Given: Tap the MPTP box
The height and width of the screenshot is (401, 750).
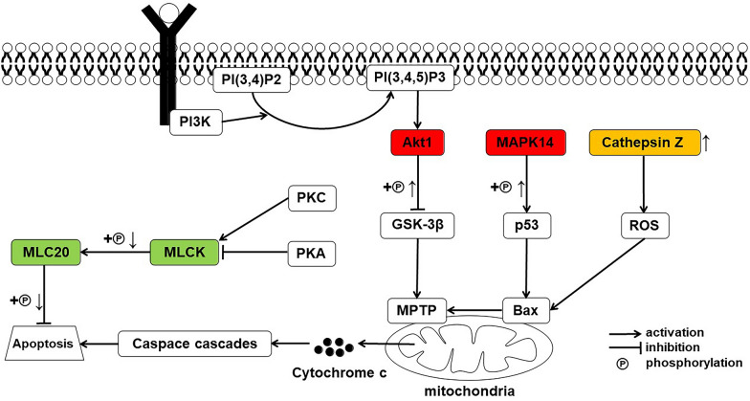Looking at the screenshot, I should click(412, 310).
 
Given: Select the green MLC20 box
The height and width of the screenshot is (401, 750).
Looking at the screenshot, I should click(44, 253).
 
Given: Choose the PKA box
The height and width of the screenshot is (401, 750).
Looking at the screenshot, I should click(314, 254).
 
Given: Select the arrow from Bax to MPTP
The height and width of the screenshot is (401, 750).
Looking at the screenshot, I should click(471, 310).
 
